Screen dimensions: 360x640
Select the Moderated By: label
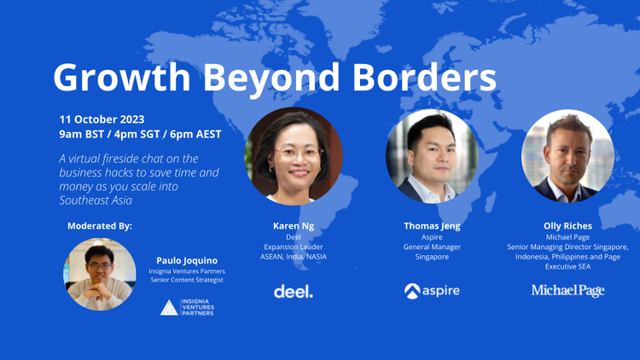point(100,226)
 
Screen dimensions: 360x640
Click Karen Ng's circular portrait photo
point(293,156)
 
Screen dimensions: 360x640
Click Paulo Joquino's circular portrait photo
point(101,274)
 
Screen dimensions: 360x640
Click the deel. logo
point(293,291)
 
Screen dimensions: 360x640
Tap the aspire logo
point(432,291)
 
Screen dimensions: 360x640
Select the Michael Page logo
point(567,291)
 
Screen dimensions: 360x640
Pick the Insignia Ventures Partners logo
point(187,307)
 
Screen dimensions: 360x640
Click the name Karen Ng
point(293,226)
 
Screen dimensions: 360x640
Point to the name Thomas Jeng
point(432,226)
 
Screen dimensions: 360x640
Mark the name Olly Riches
point(567,226)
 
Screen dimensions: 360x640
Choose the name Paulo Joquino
point(186,260)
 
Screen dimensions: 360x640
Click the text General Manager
point(432,247)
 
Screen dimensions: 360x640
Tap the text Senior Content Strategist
point(186,281)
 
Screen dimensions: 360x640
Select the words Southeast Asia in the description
point(92,200)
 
